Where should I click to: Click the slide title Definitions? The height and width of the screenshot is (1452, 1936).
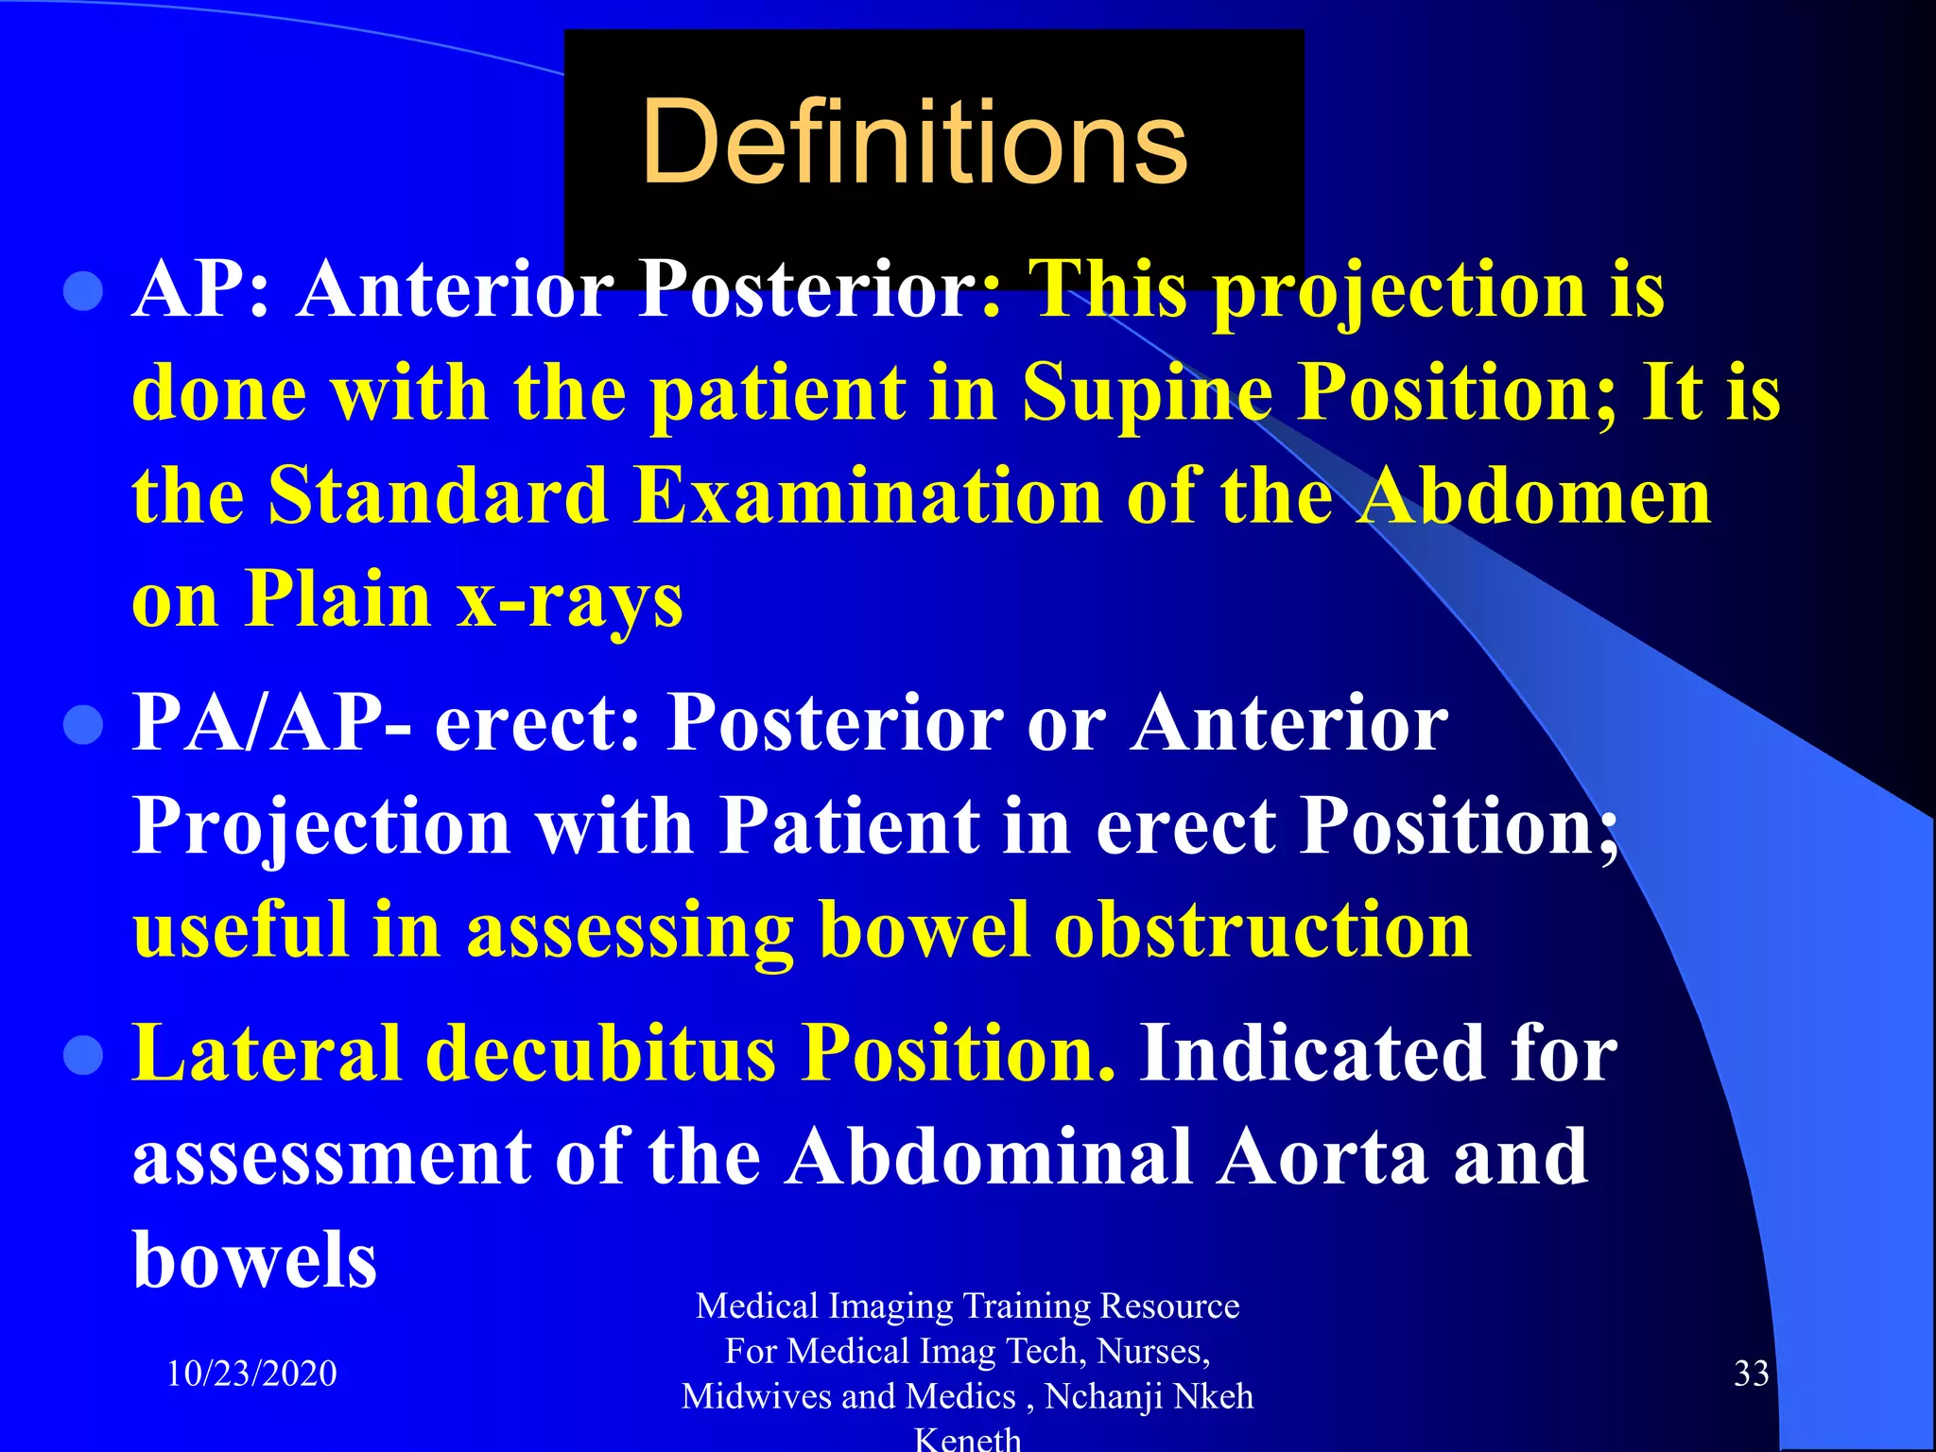(x=913, y=144)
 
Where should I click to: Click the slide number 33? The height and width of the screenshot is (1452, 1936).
(x=1751, y=1373)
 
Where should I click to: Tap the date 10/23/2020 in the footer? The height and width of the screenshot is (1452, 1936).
(x=251, y=1373)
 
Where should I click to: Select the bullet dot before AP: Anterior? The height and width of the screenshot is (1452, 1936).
(x=83, y=292)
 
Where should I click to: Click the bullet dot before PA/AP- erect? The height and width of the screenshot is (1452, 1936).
(x=83, y=726)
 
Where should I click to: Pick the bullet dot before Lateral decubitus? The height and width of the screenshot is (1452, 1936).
(x=83, y=1056)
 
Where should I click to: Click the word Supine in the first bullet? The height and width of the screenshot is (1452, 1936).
(x=1147, y=394)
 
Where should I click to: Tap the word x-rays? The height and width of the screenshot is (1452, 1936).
(x=569, y=600)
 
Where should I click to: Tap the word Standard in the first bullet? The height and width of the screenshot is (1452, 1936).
(x=438, y=496)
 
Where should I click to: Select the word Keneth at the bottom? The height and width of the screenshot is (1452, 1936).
(x=968, y=1439)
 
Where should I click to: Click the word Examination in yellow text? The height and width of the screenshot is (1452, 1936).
(x=868, y=496)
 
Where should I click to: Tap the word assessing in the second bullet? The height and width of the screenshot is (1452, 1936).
(x=629, y=930)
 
